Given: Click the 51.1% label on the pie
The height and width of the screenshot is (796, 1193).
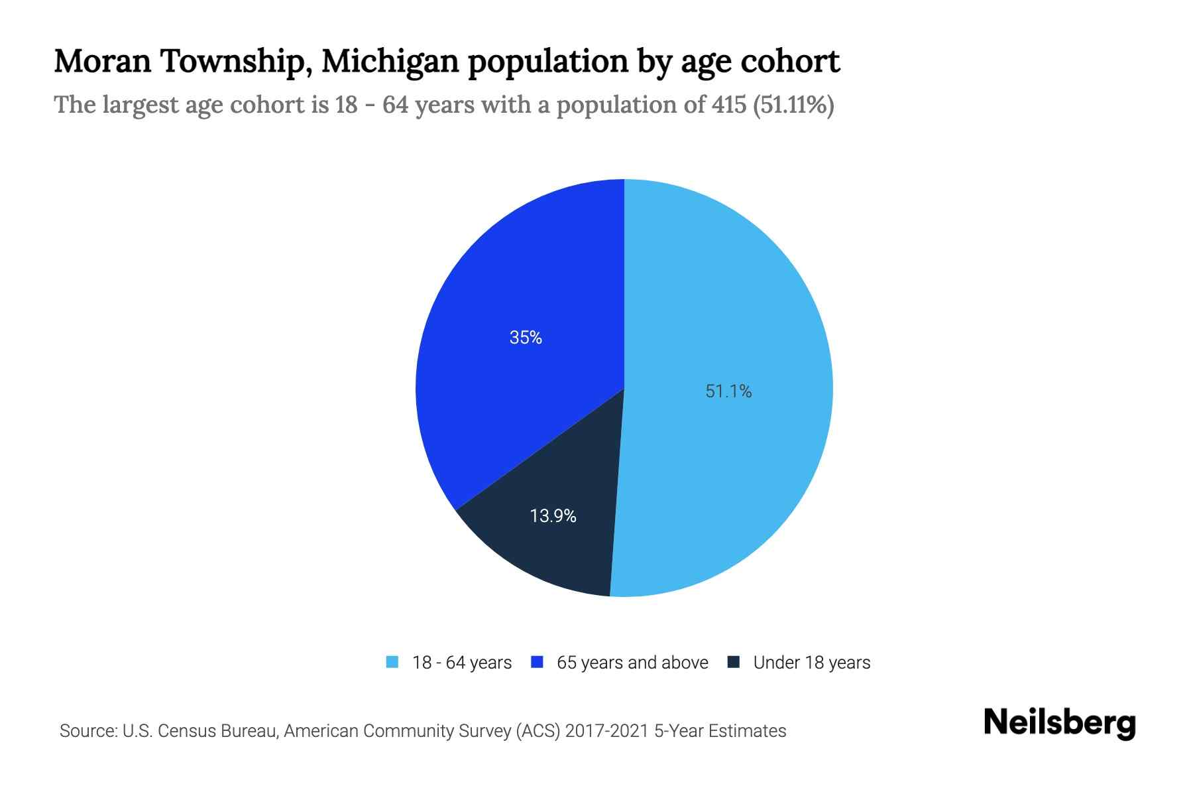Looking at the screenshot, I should point(728,391).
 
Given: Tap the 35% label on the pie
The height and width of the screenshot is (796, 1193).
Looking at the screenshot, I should point(526,338).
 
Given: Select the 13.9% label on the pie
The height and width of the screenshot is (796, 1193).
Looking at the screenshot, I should point(553,515).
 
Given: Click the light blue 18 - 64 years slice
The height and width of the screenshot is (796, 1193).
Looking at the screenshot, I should point(729,298).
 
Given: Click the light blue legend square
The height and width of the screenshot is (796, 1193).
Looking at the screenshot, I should point(392,662).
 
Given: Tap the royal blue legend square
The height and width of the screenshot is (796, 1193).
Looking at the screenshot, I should point(538,662).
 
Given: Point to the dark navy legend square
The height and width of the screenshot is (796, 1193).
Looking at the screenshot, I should point(734,662).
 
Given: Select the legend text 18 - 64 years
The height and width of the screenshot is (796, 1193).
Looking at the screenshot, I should point(462,663).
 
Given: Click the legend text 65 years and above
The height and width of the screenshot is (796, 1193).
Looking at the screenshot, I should point(632,663).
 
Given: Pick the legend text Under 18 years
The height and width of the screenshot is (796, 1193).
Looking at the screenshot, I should point(812,663).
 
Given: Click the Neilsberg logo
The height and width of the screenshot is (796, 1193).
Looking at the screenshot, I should point(1060,723).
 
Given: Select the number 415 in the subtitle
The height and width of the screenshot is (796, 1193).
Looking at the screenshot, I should point(729,105).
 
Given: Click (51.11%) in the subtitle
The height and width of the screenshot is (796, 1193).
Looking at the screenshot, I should point(793,105).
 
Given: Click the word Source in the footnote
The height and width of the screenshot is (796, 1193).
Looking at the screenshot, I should point(87,731).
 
